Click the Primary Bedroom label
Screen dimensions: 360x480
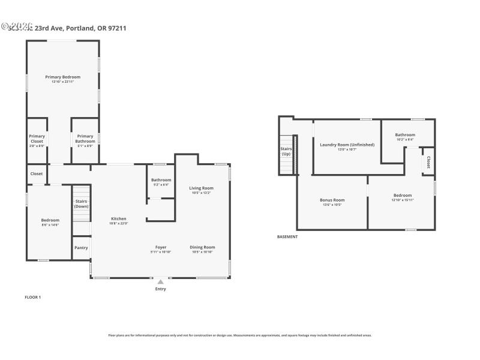coord(62,77)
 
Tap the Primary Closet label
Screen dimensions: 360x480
coord(37,139)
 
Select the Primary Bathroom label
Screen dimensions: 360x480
coord(85,139)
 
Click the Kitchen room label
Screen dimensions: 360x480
coord(118,219)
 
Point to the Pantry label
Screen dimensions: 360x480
coord(81,247)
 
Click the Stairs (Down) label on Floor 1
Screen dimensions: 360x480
coord(81,204)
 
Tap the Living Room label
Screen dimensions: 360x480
coord(202,188)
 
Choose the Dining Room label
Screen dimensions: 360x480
coord(202,247)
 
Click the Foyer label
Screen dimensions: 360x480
coord(161,247)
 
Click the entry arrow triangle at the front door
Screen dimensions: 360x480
coord(160,281)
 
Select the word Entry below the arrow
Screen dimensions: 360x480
coord(160,289)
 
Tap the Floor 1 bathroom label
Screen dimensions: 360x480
coord(161,180)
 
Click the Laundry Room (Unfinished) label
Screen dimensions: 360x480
coord(347,145)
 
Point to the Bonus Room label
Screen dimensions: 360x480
coord(331,200)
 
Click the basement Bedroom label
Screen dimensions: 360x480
coord(402,195)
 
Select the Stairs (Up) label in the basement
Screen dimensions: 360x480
coord(286,151)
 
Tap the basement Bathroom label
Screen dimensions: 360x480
coord(405,135)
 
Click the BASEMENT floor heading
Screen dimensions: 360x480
coord(287,237)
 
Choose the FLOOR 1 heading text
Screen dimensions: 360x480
coord(32,297)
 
